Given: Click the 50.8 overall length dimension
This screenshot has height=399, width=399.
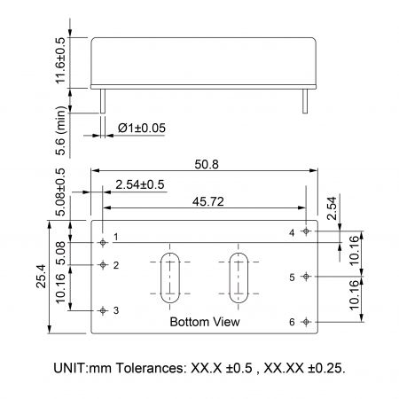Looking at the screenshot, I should (205, 163).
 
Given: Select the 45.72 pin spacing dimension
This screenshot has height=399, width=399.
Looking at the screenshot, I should (206, 202).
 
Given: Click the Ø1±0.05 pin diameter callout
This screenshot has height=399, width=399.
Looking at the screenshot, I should (143, 129).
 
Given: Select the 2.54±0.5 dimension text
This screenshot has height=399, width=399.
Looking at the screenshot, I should (139, 184).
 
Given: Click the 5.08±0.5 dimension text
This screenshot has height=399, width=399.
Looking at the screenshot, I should (60, 192).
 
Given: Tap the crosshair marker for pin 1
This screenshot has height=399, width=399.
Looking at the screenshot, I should (105, 240).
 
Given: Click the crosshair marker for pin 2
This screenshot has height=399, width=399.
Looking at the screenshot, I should (105, 264).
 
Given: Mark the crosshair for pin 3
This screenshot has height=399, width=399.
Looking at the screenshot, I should (105, 309).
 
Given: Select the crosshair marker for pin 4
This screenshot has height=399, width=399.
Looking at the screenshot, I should (306, 231).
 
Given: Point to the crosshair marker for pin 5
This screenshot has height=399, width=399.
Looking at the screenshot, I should (306, 276).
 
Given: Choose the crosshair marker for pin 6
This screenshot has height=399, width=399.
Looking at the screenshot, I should (306, 321).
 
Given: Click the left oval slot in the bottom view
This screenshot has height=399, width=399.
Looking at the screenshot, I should (168, 277).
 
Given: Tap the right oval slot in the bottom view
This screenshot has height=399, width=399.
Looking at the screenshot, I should (239, 277).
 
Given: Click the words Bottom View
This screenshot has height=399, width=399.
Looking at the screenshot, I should (204, 322).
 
